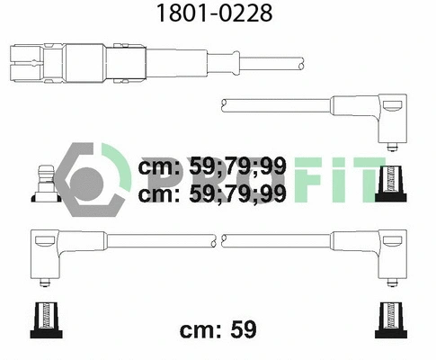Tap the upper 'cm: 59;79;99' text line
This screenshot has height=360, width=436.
coord(212,167)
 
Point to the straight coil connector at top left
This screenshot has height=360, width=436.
coord(81,62)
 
